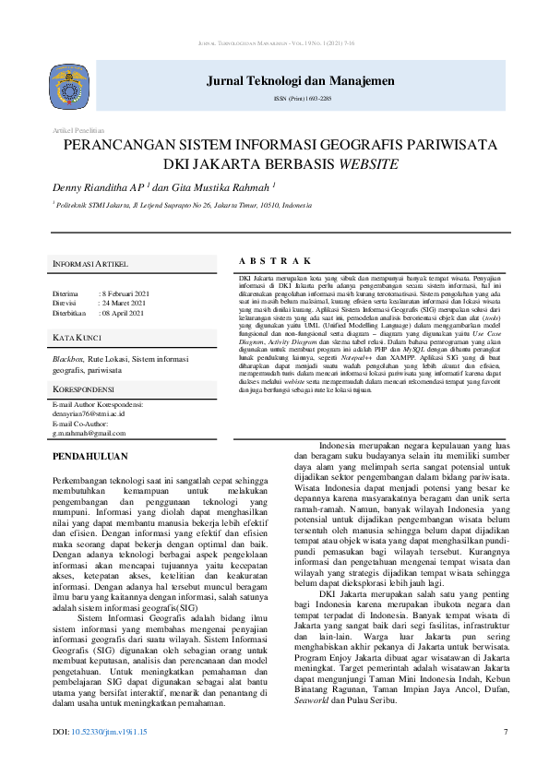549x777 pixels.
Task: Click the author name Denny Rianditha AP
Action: click(x=101, y=187)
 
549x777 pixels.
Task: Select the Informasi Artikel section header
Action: click(x=90, y=264)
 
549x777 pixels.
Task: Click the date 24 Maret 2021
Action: click(x=125, y=303)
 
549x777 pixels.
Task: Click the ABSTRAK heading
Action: click(x=274, y=261)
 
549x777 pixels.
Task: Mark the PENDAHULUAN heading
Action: click(x=90, y=456)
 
